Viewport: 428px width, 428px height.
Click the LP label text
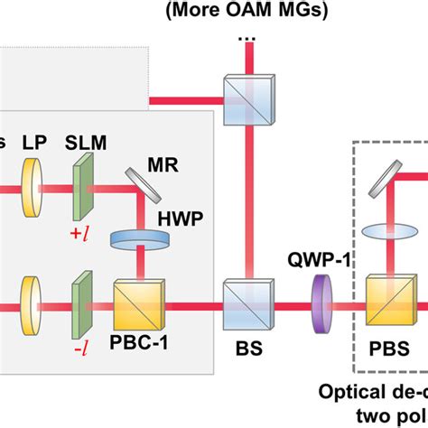35,145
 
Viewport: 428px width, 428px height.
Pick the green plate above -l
80,295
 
